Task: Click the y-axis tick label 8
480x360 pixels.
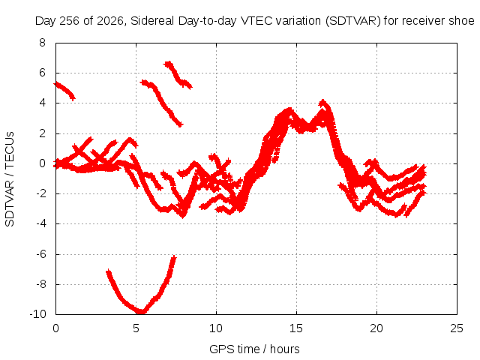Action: tap(42, 43)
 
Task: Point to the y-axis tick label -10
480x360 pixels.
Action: tap(37, 314)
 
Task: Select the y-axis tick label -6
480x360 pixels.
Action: tap(40, 254)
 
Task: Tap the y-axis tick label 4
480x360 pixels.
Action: tap(42, 103)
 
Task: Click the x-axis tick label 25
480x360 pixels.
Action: tap(457, 328)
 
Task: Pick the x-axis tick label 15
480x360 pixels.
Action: tap(296, 328)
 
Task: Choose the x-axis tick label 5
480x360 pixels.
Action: tap(136, 328)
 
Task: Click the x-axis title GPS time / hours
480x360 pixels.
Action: tap(254, 349)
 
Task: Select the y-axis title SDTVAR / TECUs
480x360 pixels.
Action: tap(10, 179)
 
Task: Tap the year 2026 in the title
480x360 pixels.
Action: tap(109, 21)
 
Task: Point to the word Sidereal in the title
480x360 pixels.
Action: tap(152, 21)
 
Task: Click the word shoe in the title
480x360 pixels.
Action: tap(461, 21)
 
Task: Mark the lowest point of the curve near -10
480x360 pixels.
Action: tap(141, 312)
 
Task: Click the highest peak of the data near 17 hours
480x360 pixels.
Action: tap(322, 102)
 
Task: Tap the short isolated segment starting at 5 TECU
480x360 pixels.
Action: tap(64, 91)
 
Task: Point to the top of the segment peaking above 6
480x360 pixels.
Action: tap(168, 64)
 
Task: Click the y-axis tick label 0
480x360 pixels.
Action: tap(42, 163)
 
